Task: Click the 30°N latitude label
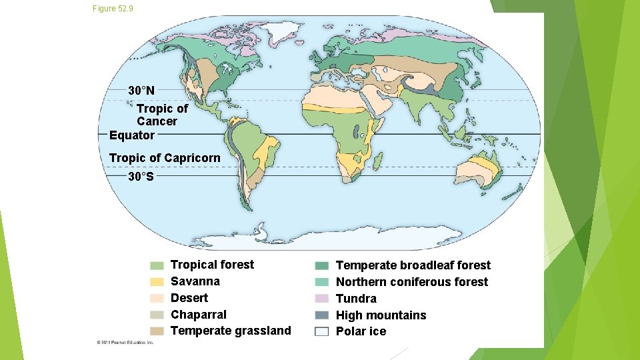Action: click(141, 90)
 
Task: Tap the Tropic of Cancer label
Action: click(162, 115)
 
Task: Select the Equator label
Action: click(132, 135)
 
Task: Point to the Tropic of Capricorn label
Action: click(164, 158)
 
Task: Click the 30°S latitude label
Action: click(141, 177)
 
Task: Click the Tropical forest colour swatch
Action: click(157, 265)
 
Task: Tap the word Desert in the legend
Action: click(189, 298)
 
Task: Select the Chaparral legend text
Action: click(199, 315)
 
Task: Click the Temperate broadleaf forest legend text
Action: click(413, 265)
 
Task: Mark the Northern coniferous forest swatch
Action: click(321, 282)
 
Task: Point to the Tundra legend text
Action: click(356, 299)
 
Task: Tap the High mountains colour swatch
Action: click(321, 315)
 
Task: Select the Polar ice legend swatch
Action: click(321, 332)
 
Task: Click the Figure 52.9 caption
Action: click(113, 8)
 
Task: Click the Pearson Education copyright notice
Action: click(125, 342)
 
